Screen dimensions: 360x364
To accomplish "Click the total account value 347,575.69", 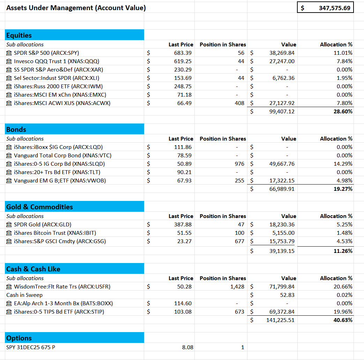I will (x=334, y=8).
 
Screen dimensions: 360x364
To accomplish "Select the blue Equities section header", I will (x=75, y=35).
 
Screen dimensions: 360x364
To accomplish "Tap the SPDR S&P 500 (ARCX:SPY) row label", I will (x=46, y=53).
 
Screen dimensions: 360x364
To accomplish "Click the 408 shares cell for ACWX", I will (x=239, y=103).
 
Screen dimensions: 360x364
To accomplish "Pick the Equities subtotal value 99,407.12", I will (x=282, y=112).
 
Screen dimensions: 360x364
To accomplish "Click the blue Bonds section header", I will (x=75, y=129).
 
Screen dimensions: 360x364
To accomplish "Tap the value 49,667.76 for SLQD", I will (x=282, y=164).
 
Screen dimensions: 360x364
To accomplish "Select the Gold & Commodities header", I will (x=75, y=207).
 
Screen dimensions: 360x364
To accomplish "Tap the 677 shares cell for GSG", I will (x=239, y=241).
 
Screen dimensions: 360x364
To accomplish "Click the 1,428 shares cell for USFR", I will (x=237, y=287).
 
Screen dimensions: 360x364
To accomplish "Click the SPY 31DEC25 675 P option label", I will (x=31, y=347).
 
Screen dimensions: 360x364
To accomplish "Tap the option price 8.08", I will (x=187, y=347).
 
